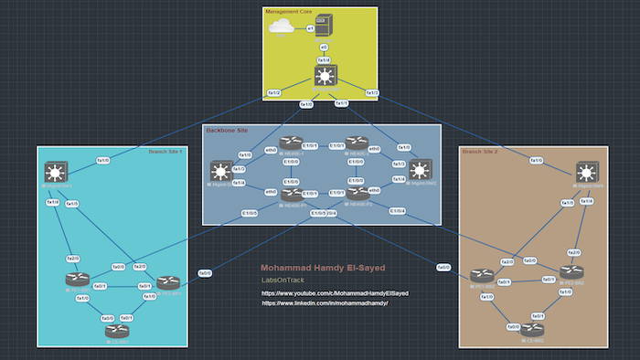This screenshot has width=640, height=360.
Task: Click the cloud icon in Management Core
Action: click(281, 28)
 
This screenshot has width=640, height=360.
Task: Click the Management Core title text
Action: click(288, 12)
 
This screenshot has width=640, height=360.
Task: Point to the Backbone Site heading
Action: click(227, 131)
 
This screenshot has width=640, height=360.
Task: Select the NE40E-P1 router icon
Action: click(293, 193)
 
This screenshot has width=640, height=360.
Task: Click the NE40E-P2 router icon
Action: click(357, 193)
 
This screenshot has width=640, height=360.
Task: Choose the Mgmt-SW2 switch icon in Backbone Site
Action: click(419, 170)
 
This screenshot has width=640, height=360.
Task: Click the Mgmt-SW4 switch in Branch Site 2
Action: click(585, 172)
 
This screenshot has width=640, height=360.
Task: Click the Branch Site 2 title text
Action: click(482, 152)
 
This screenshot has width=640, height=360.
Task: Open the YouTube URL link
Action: click(335, 293)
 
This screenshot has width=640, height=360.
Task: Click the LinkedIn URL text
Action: click(325, 302)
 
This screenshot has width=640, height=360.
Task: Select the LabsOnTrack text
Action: click(281, 279)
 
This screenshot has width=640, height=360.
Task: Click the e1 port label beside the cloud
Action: click(310, 29)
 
